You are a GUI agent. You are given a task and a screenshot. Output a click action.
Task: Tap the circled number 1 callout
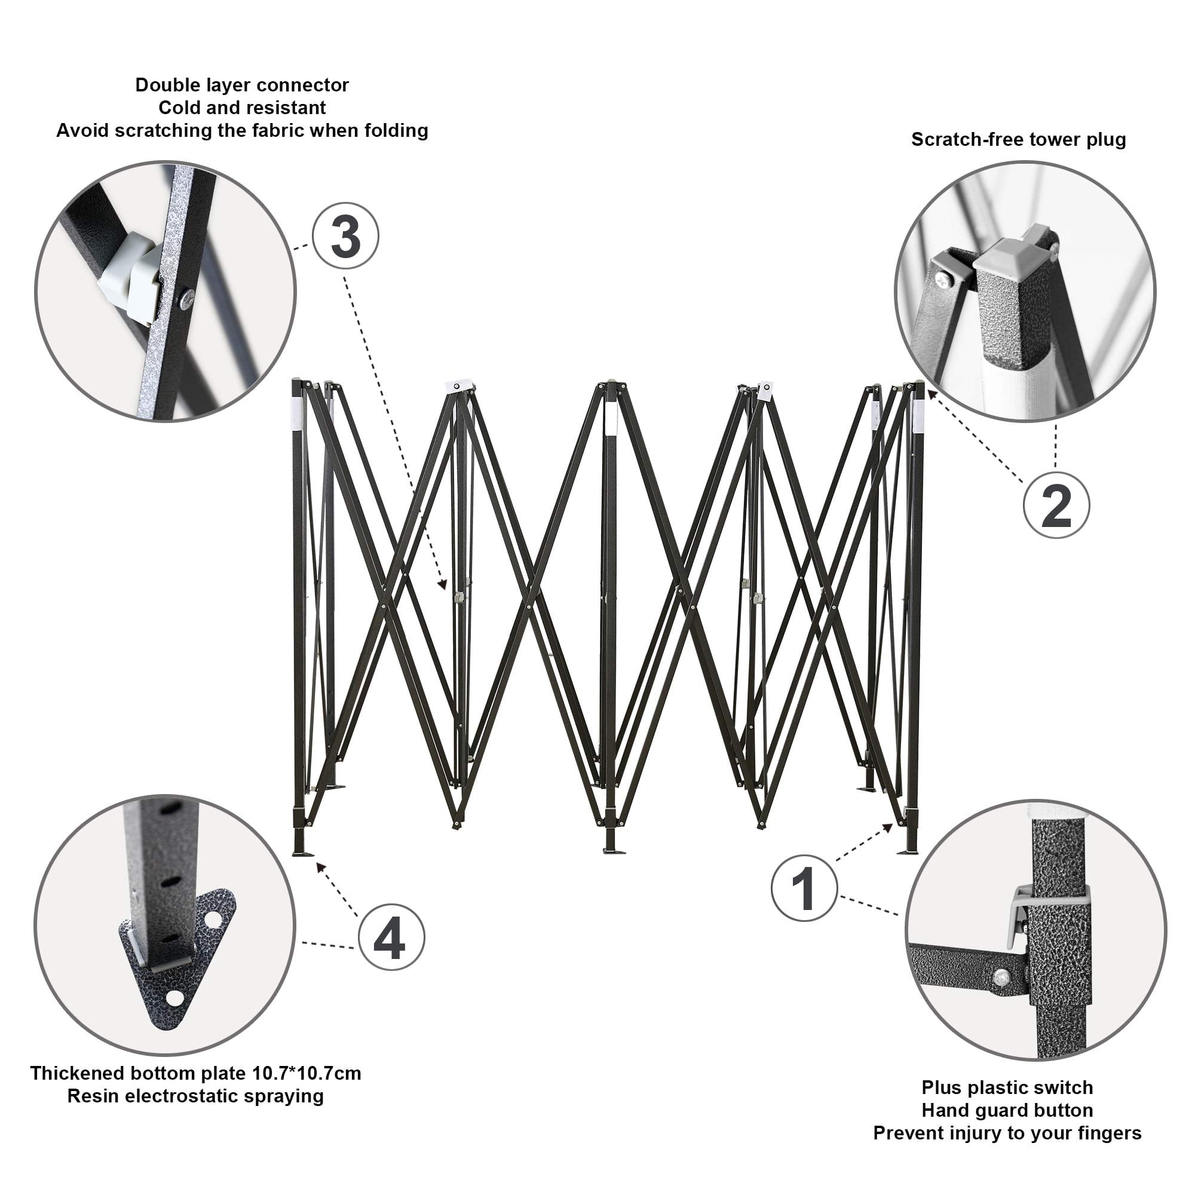coord(804,889)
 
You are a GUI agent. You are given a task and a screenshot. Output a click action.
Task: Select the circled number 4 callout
coord(391,938)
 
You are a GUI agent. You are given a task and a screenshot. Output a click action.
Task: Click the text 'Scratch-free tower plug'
coord(1018,140)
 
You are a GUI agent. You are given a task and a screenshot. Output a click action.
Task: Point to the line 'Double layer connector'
coord(242,85)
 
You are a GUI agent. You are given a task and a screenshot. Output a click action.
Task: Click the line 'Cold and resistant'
coord(242,108)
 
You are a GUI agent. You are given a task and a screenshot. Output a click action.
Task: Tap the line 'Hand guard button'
coord(1007,1110)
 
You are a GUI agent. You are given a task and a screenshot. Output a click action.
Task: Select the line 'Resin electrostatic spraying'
coord(195,1096)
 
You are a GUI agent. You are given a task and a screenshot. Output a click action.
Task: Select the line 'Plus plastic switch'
coord(1007,1087)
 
